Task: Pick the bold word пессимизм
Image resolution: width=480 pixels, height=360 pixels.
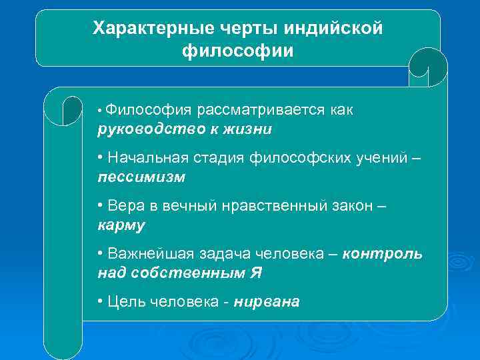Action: coord(141,177)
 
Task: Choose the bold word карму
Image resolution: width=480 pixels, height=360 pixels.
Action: coord(121,225)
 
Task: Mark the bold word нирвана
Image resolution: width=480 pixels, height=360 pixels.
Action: coord(267,302)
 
